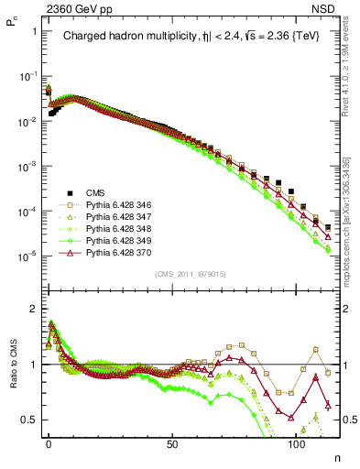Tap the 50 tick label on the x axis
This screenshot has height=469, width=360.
172,442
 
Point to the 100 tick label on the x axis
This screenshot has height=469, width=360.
296,442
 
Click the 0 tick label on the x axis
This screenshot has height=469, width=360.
49,442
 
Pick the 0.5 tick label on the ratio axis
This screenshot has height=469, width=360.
30,420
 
